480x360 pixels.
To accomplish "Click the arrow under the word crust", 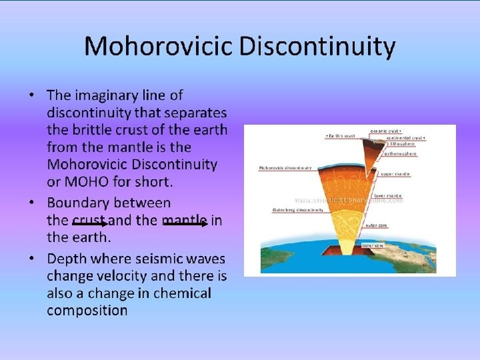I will [90, 225].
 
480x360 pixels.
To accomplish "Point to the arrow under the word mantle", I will [185, 225].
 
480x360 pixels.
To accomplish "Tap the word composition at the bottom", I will [87, 311].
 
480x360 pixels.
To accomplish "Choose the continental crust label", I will [405, 137].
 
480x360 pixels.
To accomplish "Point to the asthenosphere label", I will [401, 153].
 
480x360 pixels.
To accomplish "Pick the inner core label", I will [374, 245].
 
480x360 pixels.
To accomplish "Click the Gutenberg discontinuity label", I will [298, 209].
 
